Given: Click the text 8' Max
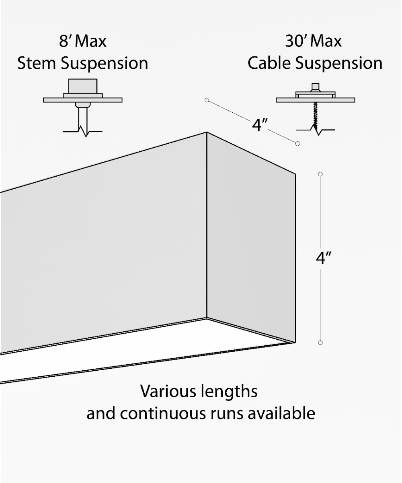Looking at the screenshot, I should (83, 41).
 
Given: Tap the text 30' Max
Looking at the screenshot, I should (313, 41).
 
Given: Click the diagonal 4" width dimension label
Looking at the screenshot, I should (260, 125).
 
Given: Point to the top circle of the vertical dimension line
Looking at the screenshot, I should (320, 174).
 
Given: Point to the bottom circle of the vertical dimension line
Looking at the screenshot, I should (320, 343).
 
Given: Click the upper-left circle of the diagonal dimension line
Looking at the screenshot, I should (207, 100).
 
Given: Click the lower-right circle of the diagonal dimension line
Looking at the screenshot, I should (297, 143).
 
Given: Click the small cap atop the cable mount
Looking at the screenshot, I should (316, 87).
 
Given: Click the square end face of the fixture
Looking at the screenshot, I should (251, 237).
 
